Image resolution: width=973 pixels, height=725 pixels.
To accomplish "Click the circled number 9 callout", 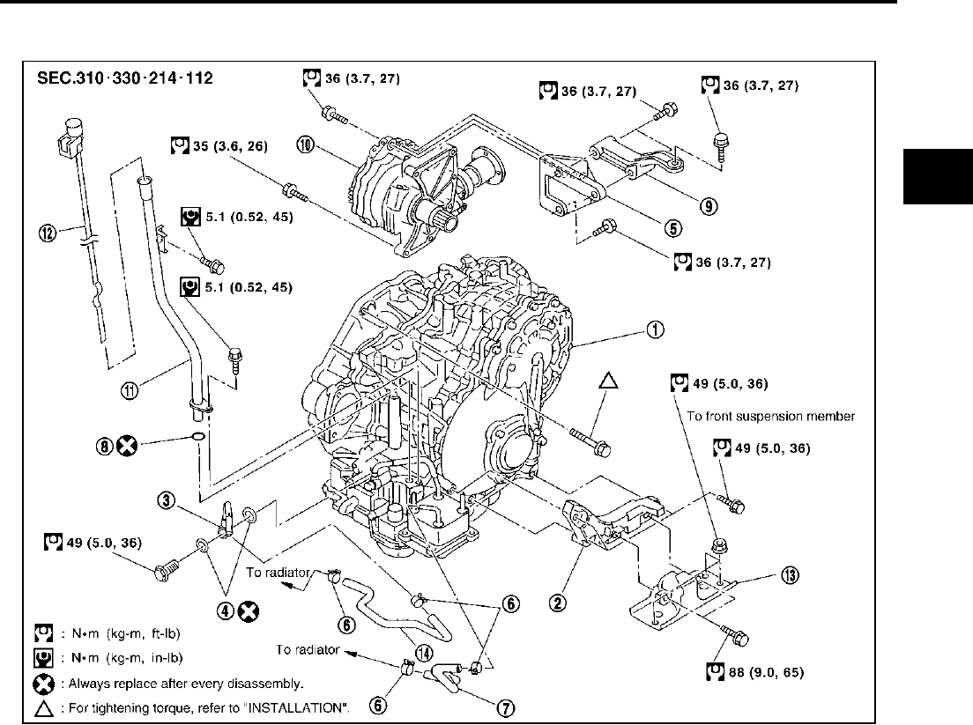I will pyautogui.click(x=709, y=207).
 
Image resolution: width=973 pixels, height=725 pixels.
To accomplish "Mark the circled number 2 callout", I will pyautogui.click(x=558, y=603).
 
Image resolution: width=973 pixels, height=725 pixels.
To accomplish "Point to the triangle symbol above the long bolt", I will pyautogui.click(x=608, y=380).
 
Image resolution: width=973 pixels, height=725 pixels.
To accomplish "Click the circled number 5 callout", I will pyautogui.click(x=672, y=227).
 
